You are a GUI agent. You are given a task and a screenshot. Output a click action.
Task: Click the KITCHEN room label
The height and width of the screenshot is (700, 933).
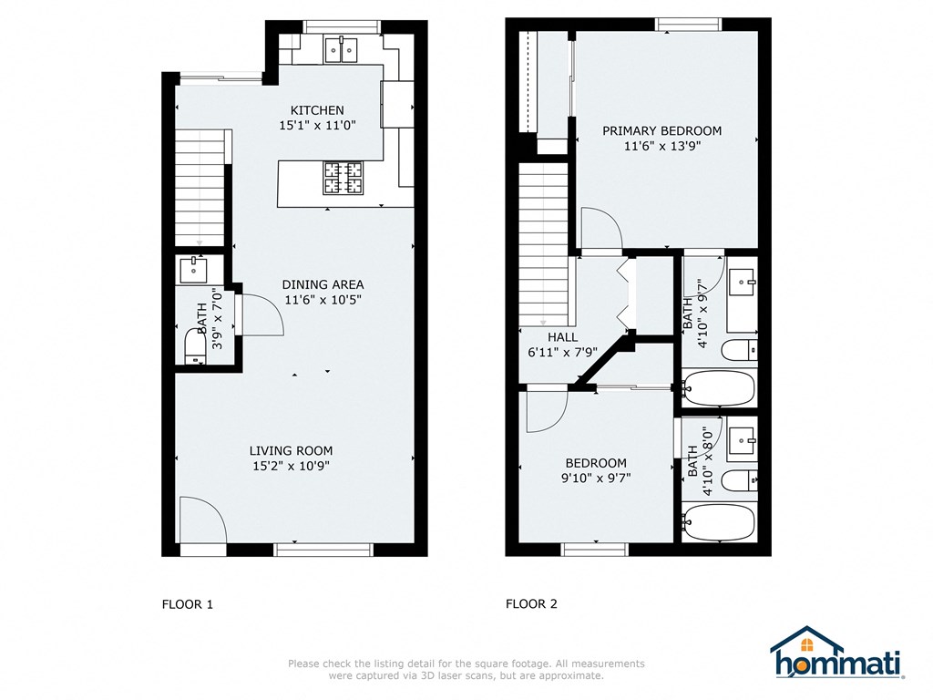tap(317, 110)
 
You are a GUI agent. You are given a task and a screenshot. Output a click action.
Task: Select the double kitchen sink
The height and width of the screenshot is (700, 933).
tap(343, 49)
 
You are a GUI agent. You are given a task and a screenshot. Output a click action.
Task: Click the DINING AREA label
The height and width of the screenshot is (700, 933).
tap(323, 284)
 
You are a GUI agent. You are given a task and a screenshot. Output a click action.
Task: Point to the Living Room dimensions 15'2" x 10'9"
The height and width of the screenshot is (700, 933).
tap(291, 466)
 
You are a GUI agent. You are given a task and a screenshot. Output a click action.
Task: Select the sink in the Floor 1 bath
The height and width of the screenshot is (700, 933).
tap(193, 269)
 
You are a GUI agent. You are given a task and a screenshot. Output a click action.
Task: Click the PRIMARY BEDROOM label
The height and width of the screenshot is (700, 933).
tap(661, 130)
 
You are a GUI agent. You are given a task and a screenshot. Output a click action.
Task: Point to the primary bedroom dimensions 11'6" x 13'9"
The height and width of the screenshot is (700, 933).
tap(661, 146)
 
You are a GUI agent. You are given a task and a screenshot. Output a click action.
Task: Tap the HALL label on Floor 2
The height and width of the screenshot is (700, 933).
tap(562, 336)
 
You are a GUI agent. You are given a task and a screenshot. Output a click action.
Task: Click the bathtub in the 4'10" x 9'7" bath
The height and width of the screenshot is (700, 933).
tap(719, 388)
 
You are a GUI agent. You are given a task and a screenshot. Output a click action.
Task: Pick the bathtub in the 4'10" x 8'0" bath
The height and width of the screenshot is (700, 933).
tap(719, 523)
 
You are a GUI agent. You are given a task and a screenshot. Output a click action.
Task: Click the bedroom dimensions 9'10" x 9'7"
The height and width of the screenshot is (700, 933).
tap(596, 478)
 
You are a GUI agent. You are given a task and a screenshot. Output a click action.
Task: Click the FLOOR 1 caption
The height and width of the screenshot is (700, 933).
tap(187, 603)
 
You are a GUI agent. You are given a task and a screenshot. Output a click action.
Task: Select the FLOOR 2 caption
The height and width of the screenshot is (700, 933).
tap(531, 603)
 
